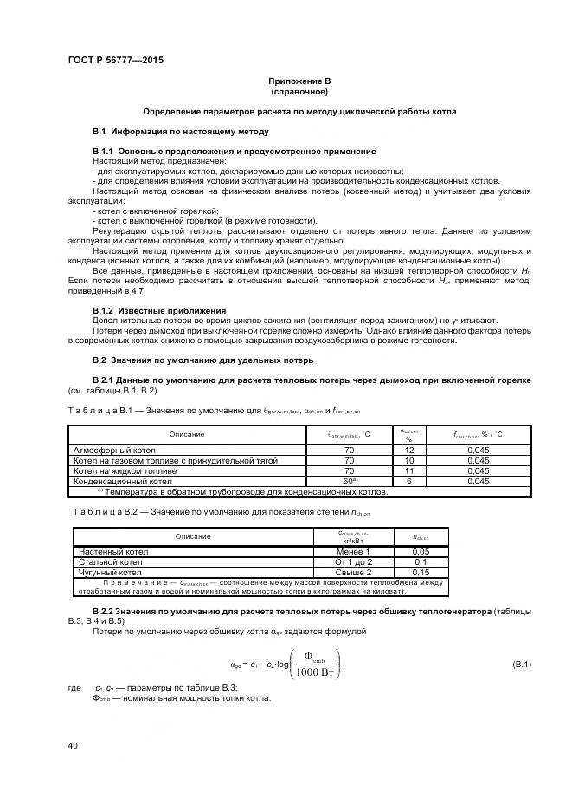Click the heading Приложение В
pos(299,81)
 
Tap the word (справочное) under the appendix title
pos(299,91)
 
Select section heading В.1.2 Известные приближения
pos(159,310)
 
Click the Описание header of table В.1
pos(187,433)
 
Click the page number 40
pos(74,745)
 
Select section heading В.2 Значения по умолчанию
pos(202,360)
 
